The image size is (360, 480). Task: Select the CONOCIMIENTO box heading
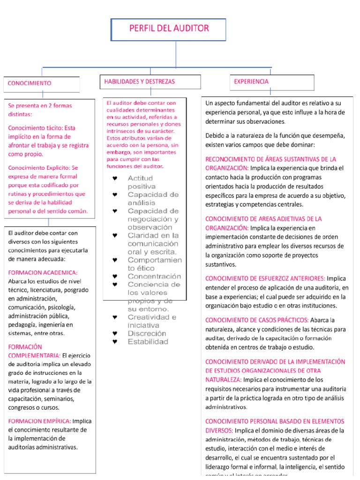(x=29, y=83)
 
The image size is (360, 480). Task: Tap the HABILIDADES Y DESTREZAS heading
(x=139, y=82)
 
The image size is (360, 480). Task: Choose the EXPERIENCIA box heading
(x=251, y=82)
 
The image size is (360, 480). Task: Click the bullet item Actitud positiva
(x=141, y=182)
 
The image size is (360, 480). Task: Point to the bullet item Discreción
(x=147, y=333)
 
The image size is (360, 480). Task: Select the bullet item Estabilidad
(x=148, y=342)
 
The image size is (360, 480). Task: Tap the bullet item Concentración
(x=154, y=277)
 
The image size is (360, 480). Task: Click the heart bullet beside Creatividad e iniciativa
(x=115, y=317)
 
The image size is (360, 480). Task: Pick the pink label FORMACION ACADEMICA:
(x=43, y=272)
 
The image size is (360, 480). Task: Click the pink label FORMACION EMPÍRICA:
(x=40, y=421)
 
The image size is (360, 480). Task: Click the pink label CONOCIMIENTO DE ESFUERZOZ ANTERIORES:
(x=265, y=278)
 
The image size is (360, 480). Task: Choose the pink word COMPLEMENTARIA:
(x=34, y=355)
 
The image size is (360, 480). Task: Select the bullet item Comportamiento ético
(x=154, y=264)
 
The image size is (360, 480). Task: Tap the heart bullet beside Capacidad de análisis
(x=115, y=195)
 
